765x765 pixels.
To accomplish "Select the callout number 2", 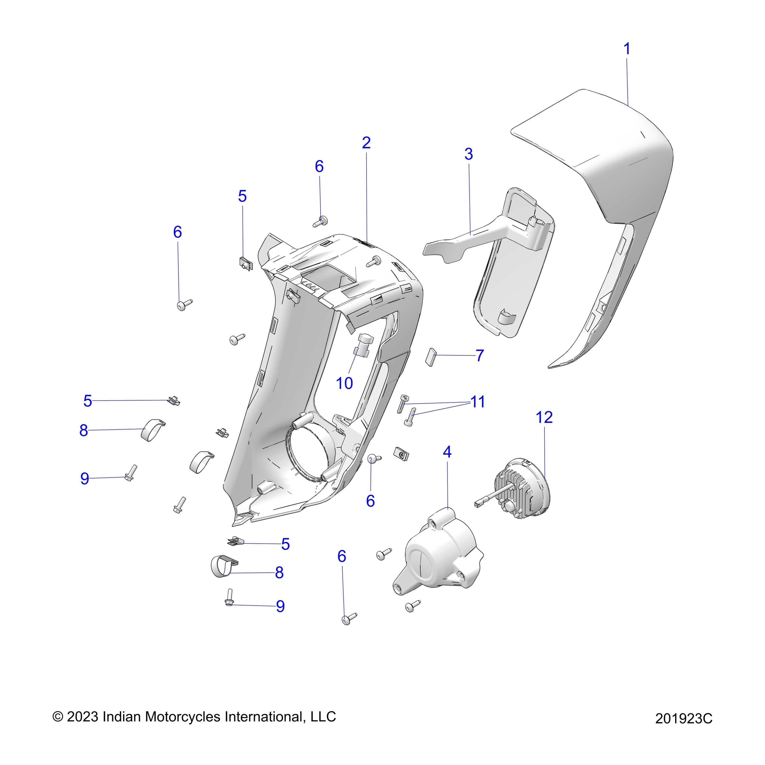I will coord(366,143).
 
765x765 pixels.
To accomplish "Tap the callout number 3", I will coord(468,154).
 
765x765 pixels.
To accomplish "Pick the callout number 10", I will coord(344,383).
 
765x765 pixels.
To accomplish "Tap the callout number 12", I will coord(544,417).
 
